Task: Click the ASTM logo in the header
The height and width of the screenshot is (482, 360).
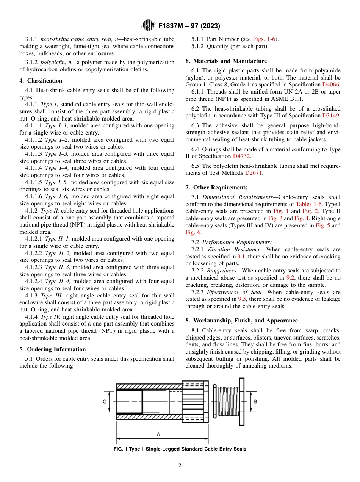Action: (148, 25)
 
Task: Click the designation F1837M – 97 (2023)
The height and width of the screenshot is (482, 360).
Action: (189, 26)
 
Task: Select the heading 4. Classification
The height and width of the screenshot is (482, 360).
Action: (41, 81)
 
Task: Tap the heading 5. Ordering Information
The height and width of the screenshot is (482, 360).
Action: (52, 349)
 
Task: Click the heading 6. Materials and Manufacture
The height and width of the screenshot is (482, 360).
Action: (226, 61)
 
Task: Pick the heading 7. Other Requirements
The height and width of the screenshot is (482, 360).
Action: (216, 188)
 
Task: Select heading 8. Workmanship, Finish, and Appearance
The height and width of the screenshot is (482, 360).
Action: (241, 321)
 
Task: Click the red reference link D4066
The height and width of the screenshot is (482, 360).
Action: (331, 85)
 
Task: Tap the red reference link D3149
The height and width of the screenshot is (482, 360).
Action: (331, 116)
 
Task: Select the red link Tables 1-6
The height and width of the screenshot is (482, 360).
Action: (308, 204)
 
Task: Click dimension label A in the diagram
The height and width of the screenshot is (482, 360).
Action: (158, 434)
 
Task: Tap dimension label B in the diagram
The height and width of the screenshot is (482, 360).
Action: (255, 401)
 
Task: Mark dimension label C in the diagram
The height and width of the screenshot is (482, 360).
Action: (104, 402)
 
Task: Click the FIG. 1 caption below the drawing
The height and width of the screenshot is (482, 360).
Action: (180, 449)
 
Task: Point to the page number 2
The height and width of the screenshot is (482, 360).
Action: (180, 466)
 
